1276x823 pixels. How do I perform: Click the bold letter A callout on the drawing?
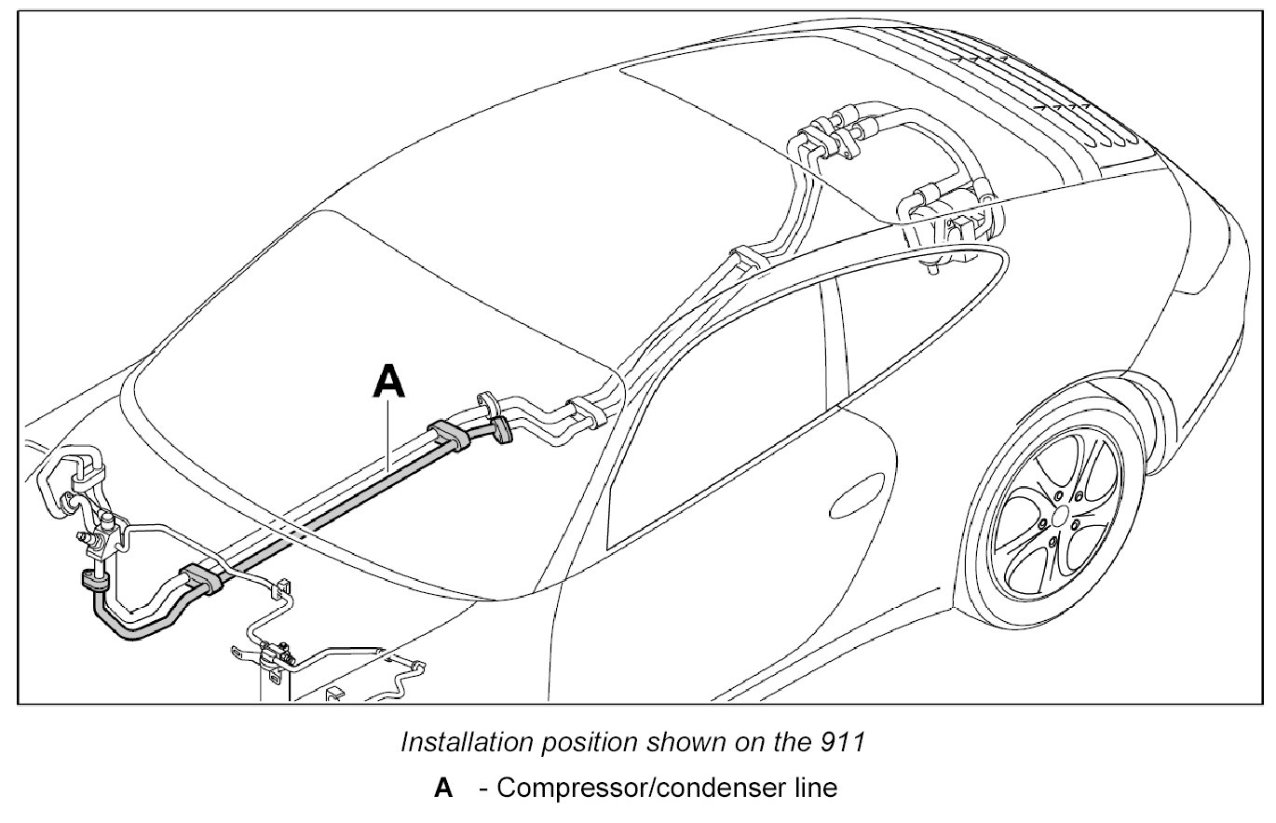(389, 383)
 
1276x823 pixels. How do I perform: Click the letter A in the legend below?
(443, 789)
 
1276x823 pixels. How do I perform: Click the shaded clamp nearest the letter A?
(449, 435)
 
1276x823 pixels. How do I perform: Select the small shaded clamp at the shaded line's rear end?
(503, 430)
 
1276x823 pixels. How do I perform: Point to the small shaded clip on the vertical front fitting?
(95, 583)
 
